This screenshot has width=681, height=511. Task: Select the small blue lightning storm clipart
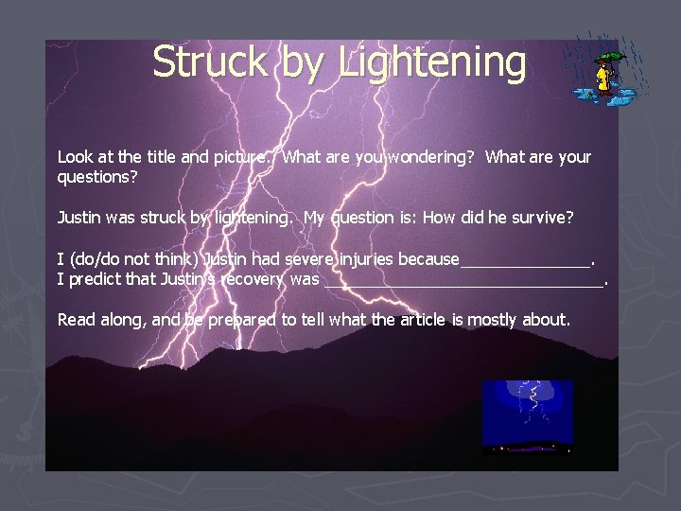tap(527, 416)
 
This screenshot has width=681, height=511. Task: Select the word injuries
tap(363, 259)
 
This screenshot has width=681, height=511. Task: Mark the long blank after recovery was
tap(463, 282)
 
